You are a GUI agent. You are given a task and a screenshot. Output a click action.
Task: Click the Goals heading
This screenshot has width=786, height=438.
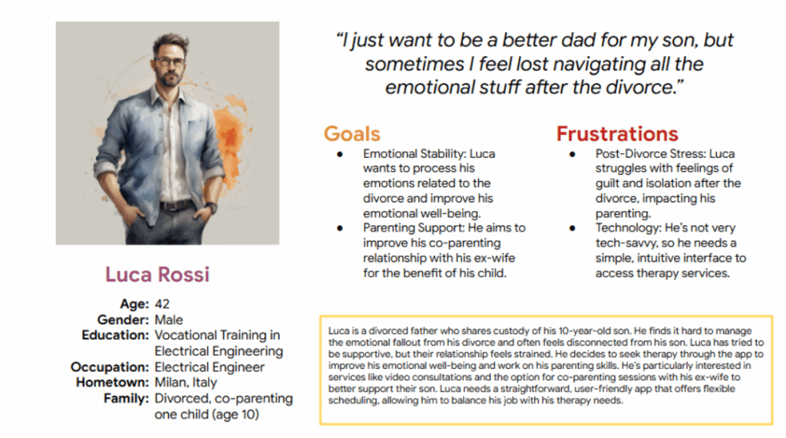[x=352, y=133]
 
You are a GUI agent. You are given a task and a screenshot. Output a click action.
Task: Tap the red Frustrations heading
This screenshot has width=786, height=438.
[x=617, y=133]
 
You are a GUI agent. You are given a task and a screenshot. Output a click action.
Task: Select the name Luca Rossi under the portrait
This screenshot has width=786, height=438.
[x=157, y=275]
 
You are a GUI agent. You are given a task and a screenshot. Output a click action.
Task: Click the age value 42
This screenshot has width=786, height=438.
[x=162, y=304]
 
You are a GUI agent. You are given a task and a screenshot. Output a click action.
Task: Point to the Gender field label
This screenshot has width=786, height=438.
[x=123, y=320]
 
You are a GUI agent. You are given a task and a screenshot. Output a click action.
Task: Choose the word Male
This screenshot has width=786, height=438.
[x=169, y=320]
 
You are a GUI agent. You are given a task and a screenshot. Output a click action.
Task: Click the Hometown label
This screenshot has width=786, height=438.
[x=112, y=382]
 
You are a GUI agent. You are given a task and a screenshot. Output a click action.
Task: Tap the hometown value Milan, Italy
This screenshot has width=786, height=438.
[x=186, y=383]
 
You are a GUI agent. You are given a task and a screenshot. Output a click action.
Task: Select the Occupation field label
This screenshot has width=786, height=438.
[x=110, y=367]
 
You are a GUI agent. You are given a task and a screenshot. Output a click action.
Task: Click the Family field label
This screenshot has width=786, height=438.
[x=127, y=398]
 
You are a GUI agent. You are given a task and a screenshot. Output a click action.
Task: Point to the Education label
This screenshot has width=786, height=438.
[x=115, y=334]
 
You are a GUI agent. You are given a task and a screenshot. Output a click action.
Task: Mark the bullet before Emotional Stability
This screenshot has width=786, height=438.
[x=340, y=154]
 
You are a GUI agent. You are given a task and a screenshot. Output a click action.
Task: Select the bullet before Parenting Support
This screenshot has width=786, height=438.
[x=340, y=229]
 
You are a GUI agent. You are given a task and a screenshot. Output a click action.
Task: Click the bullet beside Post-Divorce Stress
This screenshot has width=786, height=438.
[x=572, y=154]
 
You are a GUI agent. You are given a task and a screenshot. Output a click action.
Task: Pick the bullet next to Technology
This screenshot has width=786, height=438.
[x=572, y=229]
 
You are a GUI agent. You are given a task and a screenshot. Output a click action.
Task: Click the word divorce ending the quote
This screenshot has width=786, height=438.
[x=642, y=87]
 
